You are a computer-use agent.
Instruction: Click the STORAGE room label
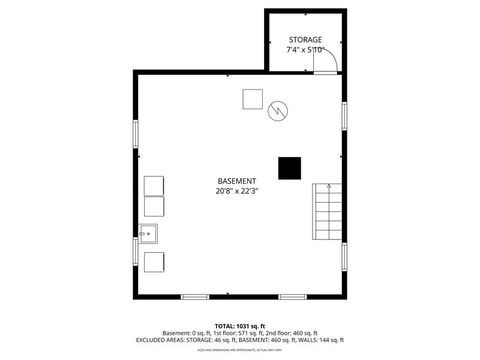click(x=305, y=40)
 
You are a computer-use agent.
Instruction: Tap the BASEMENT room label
click(x=237, y=181)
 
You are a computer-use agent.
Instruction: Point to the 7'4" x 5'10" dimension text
click(x=305, y=50)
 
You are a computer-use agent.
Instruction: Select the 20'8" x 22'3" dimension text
click(x=237, y=191)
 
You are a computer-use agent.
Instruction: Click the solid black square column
click(x=290, y=169)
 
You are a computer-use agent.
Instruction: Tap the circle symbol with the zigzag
click(x=278, y=111)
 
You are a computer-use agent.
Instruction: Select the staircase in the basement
click(x=327, y=212)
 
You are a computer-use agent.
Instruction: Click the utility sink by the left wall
click(x=148, y=234)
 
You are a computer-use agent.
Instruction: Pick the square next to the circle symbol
click(x=253, y=99)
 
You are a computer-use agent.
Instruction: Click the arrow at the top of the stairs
click(x=329, y=185)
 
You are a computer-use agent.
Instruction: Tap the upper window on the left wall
click(x=136, y=134)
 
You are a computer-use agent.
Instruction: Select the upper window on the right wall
click(x=344, y=116)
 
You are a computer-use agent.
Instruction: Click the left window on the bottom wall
click(x=195, y=297)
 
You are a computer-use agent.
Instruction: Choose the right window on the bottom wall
click(x=293, y=297)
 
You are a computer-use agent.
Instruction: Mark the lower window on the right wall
click(x=344, y=257)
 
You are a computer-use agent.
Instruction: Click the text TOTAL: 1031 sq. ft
click(x=239, y=326)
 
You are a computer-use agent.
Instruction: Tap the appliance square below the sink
click(x=154, y=262)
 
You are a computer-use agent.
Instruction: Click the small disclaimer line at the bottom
click(x=239, y=350)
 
